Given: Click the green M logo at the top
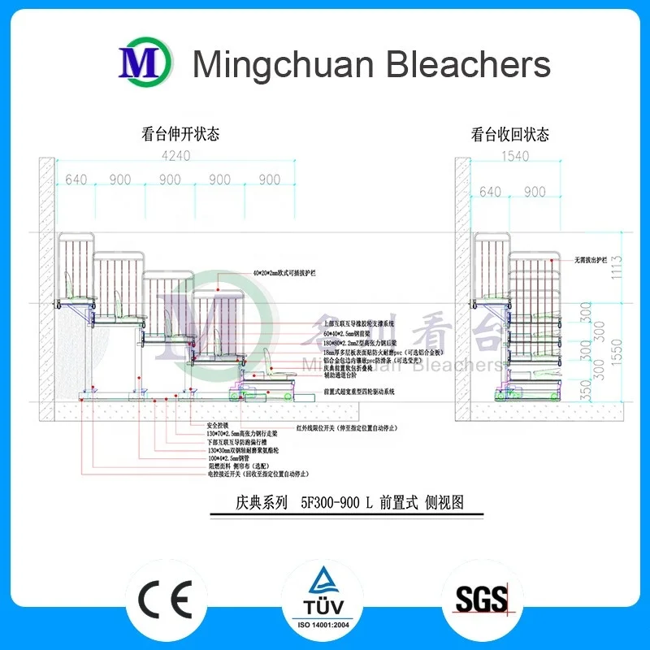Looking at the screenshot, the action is pyautogui.click(x=145, y=63).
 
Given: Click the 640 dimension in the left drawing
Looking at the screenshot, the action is pyautogui.click(x=76, y=180).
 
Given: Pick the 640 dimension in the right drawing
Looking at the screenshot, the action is pyautogui.click(x=491, y=193).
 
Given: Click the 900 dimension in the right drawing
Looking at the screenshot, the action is pyautogui.click(x=535, y=193).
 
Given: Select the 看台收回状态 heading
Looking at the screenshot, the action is pyautogui.click(x=510, y=134).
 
